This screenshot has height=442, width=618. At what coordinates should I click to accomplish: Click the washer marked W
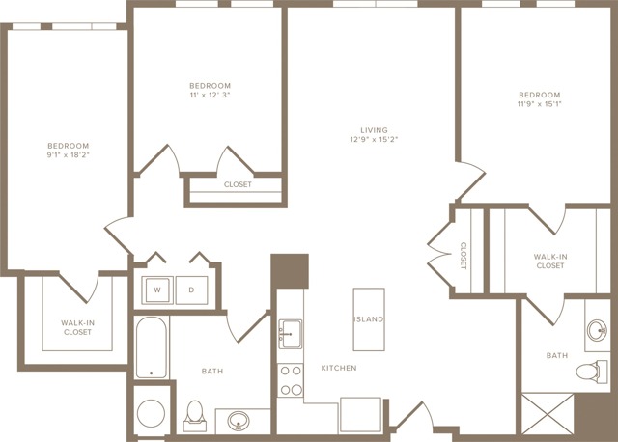coord(157,290)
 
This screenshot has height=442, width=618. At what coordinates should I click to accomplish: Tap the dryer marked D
coord(191,290)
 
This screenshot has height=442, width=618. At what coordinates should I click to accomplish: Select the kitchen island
coord(369,319)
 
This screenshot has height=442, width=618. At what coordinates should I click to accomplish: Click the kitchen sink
coord(291,334)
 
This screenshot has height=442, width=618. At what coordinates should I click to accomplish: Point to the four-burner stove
coord(291,380)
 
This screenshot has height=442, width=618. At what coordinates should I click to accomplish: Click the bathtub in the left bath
coord(152,347)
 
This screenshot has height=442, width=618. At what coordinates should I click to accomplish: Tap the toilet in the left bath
coord(195,416)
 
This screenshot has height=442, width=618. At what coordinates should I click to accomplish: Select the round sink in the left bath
coord(239,421)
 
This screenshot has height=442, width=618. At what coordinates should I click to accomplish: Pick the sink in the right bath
coord(597,330)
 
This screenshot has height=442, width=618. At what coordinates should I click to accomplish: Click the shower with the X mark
coord(548,413)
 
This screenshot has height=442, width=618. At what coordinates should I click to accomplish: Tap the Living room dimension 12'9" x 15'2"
coord(374,139)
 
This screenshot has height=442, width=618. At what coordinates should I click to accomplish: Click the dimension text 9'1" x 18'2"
coord(69,154)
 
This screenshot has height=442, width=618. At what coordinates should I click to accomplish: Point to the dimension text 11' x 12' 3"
coord(211,95)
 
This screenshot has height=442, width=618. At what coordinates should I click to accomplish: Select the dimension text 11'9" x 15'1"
coord(540,104)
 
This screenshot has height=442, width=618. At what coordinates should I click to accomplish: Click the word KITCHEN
coord(339,368)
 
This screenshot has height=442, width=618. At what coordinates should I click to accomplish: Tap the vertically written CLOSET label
coord(463,256)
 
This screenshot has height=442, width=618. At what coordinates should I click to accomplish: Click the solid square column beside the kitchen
coord(290,271)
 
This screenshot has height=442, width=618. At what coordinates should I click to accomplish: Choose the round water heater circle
coord(151,413)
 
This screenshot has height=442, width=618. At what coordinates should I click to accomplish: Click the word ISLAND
coord(369,319)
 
